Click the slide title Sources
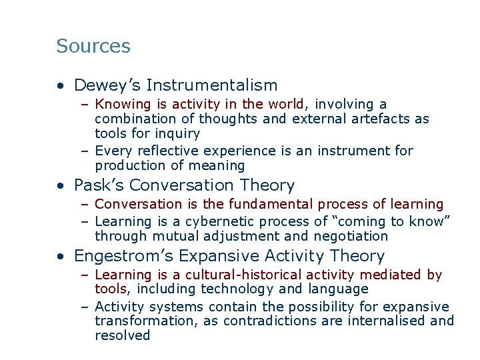pos(93,46)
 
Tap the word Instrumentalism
pos(211,85)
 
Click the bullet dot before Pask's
pos(61,186)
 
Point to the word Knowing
pos(122,105)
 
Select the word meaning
pos(219,166)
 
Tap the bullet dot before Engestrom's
pos(61,257)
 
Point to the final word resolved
pos(123,335)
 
